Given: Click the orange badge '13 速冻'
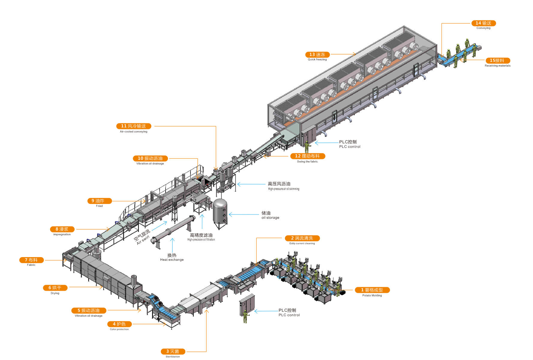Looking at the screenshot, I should [x=317, y=55].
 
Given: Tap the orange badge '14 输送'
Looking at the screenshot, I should [x=484, y=23].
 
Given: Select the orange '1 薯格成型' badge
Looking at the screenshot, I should [x=372, y=290].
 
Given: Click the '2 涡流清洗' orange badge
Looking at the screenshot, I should [x=302, y=238].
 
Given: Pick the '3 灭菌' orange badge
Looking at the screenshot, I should [x=173, y=351].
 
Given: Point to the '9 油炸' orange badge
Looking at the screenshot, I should [x=99, y=201].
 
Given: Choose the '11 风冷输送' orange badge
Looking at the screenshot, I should [x=133, y=126].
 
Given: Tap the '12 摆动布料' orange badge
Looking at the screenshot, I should [x=307, y=156].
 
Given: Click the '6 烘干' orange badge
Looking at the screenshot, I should [x=55, y=288].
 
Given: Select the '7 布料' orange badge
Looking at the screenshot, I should [x=31, y=260].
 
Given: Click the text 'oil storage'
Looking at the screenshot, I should [x=270, y=218].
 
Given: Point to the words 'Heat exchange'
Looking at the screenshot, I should [x=172, y=260].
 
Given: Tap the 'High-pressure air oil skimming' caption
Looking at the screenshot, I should [x=283, y=189].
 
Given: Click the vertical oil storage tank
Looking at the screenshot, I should [x=220, y=212].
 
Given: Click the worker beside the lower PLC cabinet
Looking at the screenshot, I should [x=245, y=316].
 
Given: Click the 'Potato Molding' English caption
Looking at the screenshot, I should [x=372, y=295].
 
